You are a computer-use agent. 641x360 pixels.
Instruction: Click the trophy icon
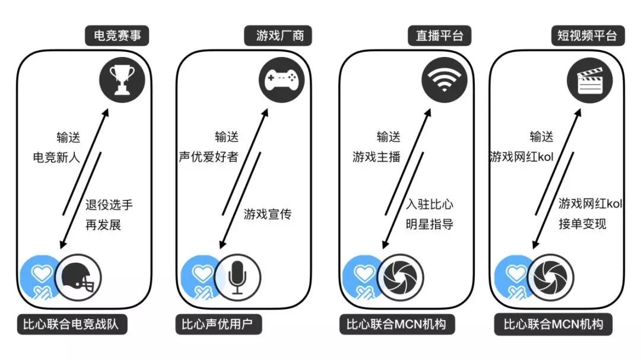pyautogui.click(x=122, y=79)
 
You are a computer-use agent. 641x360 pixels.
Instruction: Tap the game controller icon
pyautogui.click(x=282, y=79)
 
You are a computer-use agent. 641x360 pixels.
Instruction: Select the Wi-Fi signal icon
pyautogui.click(x=445, y=79)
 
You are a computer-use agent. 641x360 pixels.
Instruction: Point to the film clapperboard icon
pyautogui.click(x=590, y=80)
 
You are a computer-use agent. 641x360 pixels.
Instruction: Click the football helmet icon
pyautogui.click(x=78, y=278)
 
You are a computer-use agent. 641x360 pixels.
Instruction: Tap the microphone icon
pyautogui.click(x=237, y=278)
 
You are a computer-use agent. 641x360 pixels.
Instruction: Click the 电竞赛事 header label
pyautogui.click(x=117, y=36)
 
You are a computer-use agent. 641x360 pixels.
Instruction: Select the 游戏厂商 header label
pyautogui.click(x=278, y=36)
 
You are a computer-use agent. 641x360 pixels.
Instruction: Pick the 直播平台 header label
pyautogui.click(x=439, y=36)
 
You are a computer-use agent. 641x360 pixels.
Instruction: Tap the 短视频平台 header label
pyautogui.click(x=587, y=36)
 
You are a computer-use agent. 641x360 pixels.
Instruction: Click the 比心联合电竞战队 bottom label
pyautogui.click(x=72, y=324)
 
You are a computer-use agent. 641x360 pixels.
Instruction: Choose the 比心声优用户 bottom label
pyautogui.click(x=218, y=324)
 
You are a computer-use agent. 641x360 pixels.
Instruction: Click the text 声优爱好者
pyautogui.click(x=208, y=157)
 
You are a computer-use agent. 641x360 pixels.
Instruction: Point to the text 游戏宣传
pyautogui.click(x=268, y=214)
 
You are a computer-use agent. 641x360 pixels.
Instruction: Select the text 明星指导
pyautogui.click(x=430, y=224)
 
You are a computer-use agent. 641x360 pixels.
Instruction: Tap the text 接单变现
pyautogui.click(x=583, y=224)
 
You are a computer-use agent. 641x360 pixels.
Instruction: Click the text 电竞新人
pyautogui.click(x=56, y=157)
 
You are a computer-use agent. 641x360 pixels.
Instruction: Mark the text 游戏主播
pyautogui.click(x=376, y=157)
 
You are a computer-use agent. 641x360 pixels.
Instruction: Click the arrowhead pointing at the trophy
pyautogui.click(x=106, y=112)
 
